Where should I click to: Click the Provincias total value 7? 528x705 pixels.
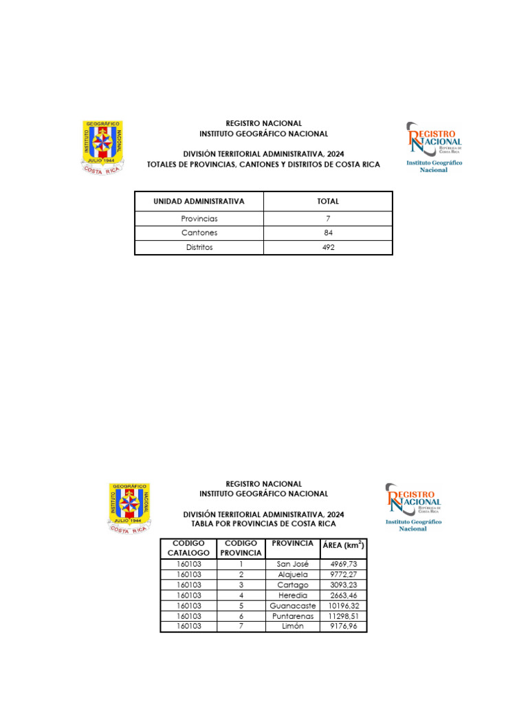328,218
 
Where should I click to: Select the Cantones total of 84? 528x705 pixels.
328,233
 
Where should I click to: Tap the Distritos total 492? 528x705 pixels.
328,247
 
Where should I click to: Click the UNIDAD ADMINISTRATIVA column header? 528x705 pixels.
199,202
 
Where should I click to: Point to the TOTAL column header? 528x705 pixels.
328,202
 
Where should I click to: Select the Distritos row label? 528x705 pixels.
199,247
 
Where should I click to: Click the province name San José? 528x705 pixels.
292,564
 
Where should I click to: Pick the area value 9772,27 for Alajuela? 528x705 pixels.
344,574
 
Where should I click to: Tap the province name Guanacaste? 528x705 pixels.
292,606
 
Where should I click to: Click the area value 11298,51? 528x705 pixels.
344,616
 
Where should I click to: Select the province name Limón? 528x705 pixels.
292,627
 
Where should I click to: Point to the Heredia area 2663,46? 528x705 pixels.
344,595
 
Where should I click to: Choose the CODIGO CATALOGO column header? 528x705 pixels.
189,548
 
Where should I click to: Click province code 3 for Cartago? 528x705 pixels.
241,585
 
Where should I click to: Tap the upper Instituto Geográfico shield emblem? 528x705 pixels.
102,147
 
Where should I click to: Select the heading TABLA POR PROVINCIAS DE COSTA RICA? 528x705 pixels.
263,524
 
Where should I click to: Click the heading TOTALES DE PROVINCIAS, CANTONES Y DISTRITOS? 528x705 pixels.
263,165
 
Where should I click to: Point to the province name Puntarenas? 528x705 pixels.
292,616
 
